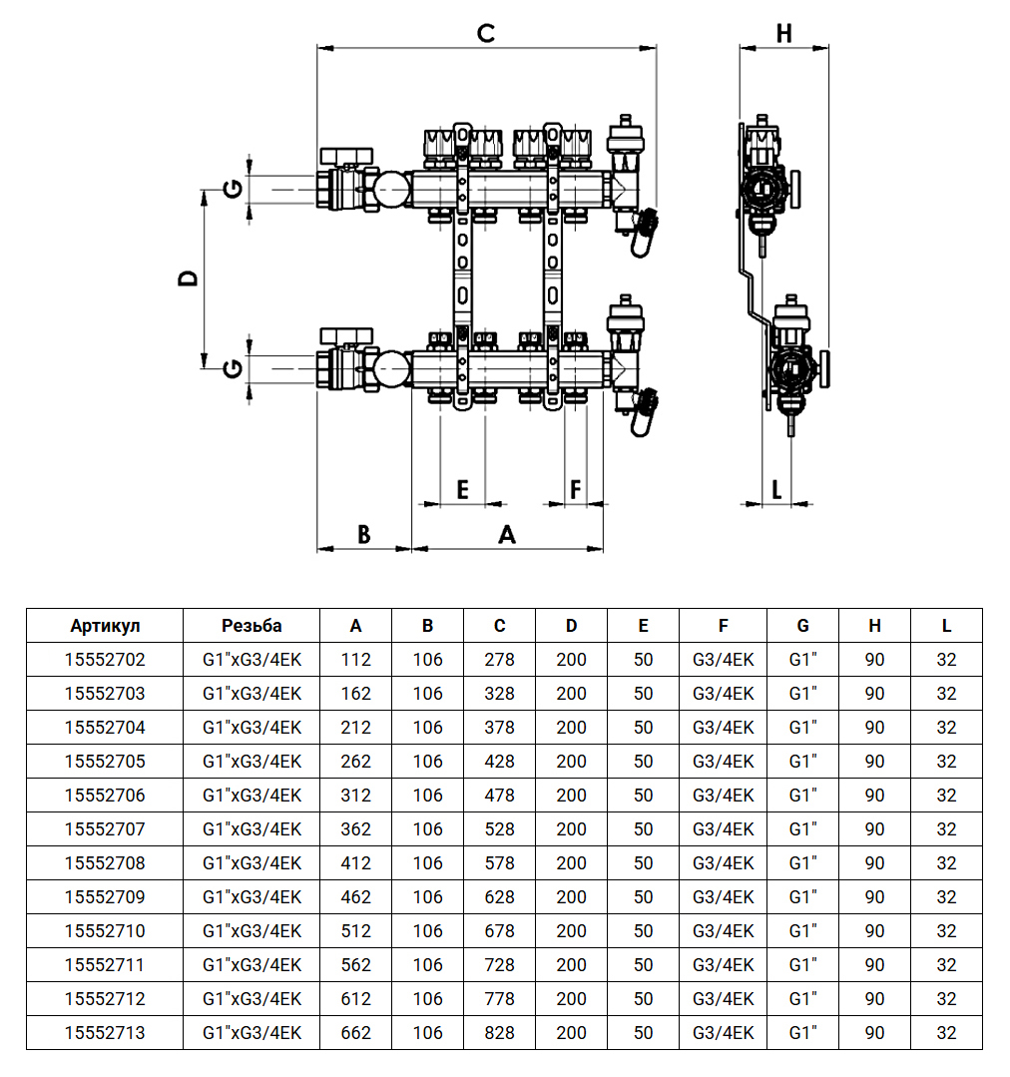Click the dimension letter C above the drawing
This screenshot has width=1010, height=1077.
(x=486, y=33)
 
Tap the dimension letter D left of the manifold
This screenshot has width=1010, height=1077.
(x=188, y=277)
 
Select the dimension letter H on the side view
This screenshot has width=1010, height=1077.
(x=783, y=33)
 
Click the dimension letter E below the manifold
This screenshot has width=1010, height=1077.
(x=462, y=489)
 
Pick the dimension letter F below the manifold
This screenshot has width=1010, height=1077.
(x=576, y=489)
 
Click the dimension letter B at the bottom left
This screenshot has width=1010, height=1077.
(x=364, y=535)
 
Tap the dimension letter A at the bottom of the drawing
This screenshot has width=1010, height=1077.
(x=507, y=535)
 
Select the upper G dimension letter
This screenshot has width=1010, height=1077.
(x=232, y=187)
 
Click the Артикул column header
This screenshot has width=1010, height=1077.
(x=105, y=626)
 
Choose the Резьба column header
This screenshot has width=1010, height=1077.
(x=252, y=626)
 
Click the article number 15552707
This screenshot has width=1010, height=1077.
(x=105, y=829)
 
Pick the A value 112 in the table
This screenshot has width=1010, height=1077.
(x=355, y=660)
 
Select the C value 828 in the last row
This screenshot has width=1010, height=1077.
(x=499, y=1033)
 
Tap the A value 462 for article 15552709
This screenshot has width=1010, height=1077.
(x=355, y=897)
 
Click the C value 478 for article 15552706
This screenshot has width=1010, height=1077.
(x=499, y=796)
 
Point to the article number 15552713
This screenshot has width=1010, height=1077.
(x=105, y=1033)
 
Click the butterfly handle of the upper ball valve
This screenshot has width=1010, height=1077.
(x=346, y=156)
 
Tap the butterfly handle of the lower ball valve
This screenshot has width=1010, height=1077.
(x=346, y=334)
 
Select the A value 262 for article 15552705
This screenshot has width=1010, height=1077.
(x=355, y=762)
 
